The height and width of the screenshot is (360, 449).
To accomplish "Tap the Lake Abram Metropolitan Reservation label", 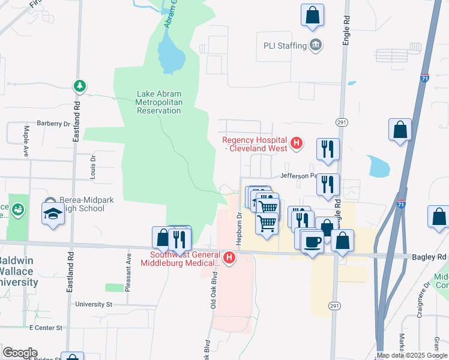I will [158, 102].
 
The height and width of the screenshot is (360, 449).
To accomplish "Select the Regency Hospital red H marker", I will [295, 143].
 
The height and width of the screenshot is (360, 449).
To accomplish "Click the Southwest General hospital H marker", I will [229, 259].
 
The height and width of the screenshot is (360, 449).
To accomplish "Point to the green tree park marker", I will [79, 86].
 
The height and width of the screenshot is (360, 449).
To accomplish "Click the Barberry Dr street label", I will [53, 124].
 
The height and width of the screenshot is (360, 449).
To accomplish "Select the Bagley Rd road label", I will [429, 256].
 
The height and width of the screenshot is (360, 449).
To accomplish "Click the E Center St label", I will [46, 328].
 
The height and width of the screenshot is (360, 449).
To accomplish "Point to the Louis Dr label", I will [93, 167].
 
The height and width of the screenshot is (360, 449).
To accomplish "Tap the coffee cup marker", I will [312, 241].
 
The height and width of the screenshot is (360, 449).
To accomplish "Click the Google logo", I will [20, 353].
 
